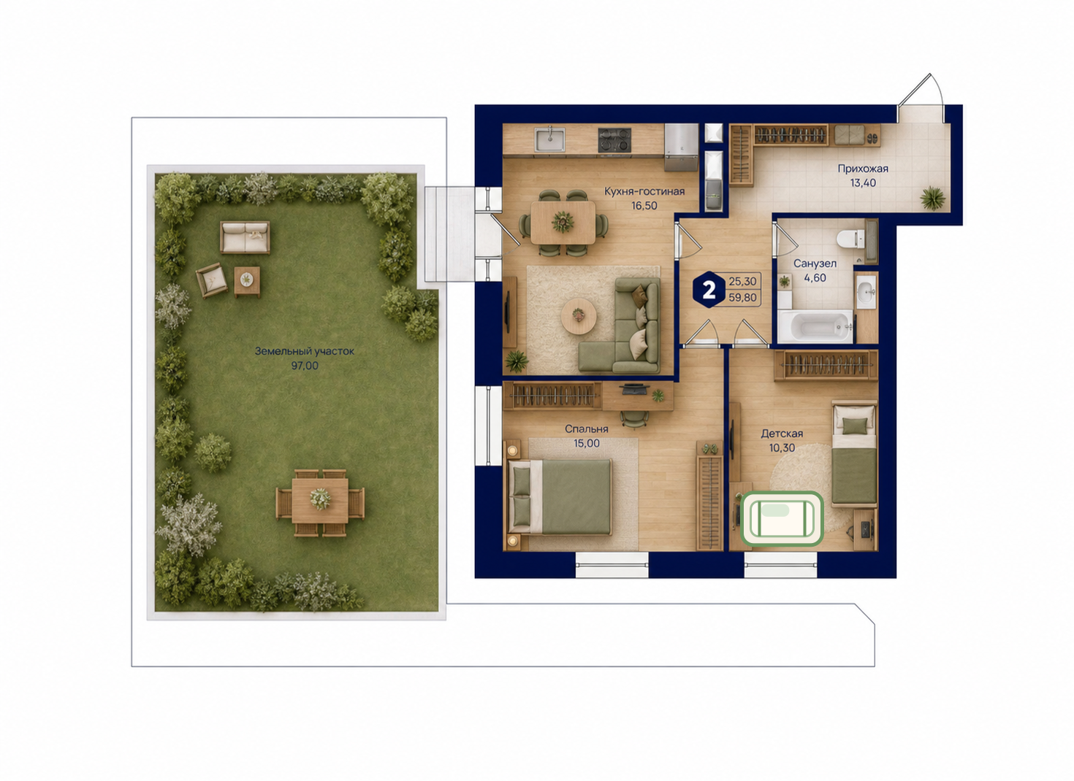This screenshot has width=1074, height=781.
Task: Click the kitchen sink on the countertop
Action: (550, 139)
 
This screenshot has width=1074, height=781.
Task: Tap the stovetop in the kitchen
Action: (614, 140)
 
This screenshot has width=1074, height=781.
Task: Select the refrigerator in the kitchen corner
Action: (681, 147)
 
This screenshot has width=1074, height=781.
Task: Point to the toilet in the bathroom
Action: (851, 239)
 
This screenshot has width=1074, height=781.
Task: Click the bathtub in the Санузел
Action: (815, 327)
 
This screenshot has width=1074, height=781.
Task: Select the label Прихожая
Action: (863, 169)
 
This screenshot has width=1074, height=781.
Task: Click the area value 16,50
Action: (644, 206)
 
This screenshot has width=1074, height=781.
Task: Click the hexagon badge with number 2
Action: (709, 290)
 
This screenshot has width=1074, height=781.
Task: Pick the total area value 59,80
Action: (743, 298)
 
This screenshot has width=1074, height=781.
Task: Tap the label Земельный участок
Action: (305, 351)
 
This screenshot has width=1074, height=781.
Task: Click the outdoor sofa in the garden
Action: (245, 236)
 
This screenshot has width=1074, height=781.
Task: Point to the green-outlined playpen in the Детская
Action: (782, 519)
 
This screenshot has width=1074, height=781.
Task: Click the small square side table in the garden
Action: (247, 281)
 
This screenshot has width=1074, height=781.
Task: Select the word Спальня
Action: (586, 429)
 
